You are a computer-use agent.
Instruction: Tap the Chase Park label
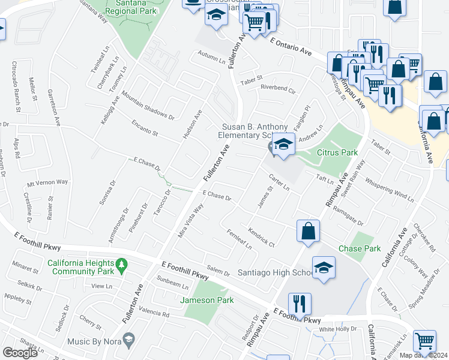(360, 248)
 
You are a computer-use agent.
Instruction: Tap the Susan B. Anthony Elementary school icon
(283, 145)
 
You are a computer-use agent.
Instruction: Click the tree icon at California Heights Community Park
(121, 264)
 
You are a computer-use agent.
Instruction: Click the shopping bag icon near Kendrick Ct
(308, 231)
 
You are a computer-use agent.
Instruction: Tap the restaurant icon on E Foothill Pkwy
(299, 303)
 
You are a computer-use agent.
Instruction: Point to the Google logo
(20, 353)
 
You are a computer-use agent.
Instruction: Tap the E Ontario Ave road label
(291, 47)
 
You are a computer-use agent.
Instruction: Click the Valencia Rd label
(153, 312)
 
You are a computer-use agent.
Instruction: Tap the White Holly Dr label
(337, 329)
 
